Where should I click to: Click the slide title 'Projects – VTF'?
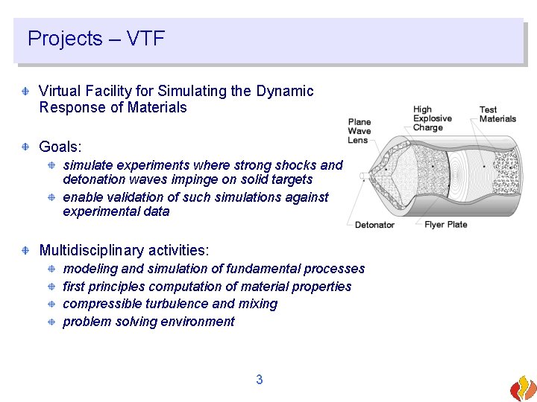[95, 39]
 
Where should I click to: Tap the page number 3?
[259, 380]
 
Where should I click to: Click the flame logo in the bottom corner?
[522, 388]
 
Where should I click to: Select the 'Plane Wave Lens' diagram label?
[359, 131]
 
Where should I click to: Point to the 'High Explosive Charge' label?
[432, 118]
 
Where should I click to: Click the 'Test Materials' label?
[497, 114]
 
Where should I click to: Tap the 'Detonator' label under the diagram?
[374, 225]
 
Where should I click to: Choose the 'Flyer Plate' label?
[445, 225]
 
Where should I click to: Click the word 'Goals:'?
[59, 147]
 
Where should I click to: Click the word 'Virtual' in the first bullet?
[59, 91]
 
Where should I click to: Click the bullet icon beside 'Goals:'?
[26, 147]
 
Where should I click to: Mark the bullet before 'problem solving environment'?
[51, 322]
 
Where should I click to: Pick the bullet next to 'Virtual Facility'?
[26, 91]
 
